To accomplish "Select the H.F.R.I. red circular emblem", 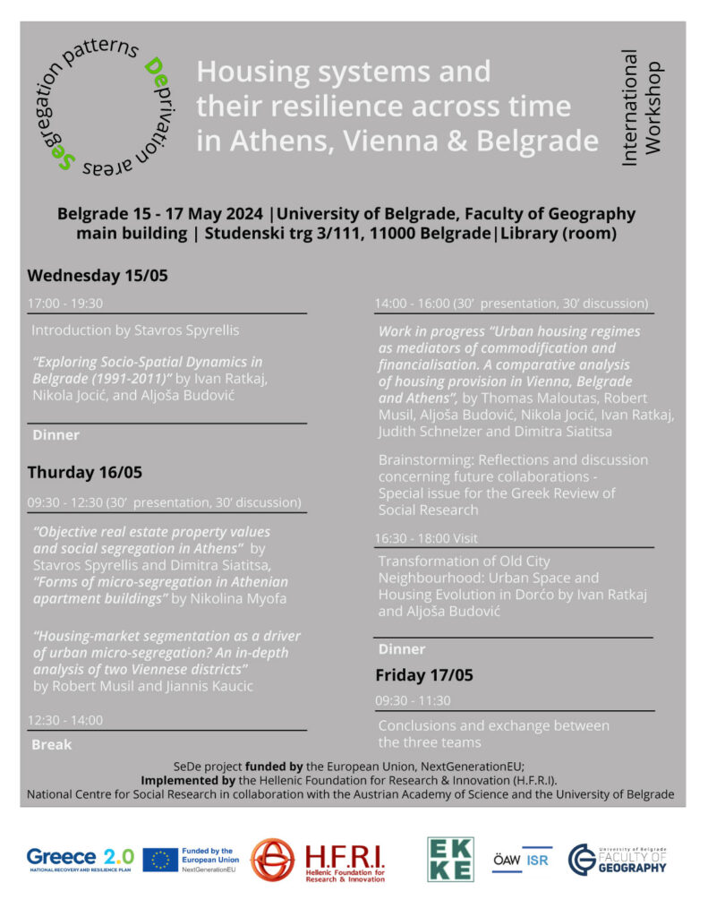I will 273,861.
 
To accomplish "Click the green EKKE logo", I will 450,860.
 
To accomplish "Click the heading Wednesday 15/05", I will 97,275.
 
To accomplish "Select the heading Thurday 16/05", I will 84,472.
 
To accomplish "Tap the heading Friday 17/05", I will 424,674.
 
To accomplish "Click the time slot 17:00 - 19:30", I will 67,303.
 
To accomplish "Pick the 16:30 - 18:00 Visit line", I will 428,538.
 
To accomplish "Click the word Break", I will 51,744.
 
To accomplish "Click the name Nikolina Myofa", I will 252,597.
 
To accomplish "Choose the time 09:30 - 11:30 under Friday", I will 414,700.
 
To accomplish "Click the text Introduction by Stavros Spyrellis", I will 135,330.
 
